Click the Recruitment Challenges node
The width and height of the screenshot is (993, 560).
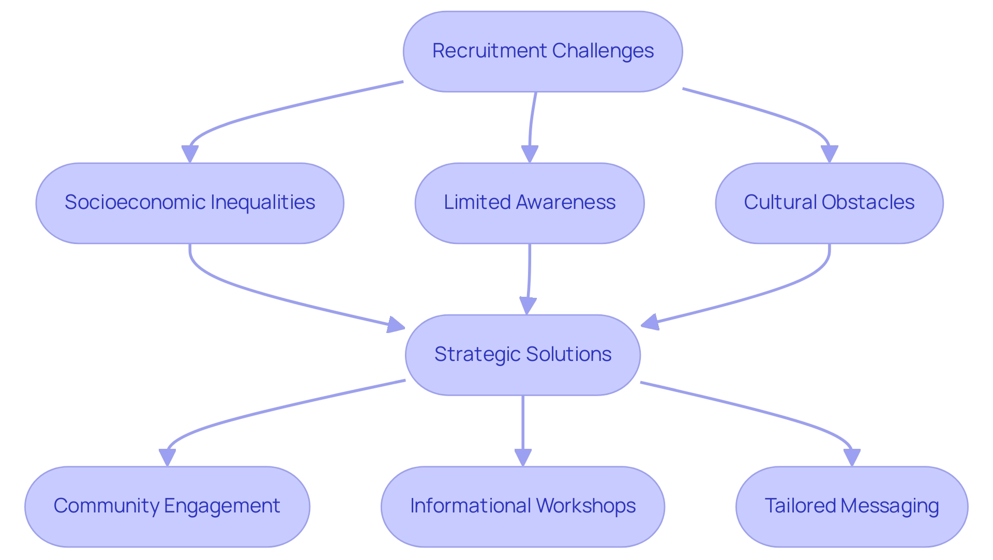543,51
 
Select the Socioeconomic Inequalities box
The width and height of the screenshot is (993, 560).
190,203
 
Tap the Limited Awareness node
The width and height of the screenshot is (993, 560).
530,203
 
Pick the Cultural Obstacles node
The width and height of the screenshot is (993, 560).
829,203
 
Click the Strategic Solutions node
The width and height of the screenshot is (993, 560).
523,355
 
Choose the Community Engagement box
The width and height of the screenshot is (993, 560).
167,506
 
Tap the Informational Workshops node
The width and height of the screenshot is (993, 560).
523,506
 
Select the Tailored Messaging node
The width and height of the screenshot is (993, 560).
852,506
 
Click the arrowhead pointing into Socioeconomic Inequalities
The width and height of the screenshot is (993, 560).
190,154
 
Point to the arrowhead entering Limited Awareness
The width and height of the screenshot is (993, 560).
530,154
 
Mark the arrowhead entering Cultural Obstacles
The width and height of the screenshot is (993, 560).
829,154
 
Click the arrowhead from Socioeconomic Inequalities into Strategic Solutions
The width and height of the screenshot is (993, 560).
396,325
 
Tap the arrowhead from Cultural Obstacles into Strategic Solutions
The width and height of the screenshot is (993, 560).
650,322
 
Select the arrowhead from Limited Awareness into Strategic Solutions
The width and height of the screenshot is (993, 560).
527,306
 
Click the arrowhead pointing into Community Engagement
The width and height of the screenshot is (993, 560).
167,457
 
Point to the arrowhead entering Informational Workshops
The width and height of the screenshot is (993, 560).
523,457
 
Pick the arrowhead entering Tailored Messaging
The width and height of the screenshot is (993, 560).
852,457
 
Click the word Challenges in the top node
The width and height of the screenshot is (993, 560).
603,51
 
